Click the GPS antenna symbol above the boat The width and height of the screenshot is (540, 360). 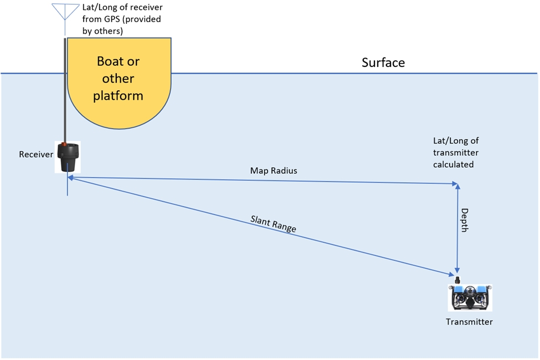(x=65, y=11)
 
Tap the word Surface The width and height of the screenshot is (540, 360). (x=383, y=63)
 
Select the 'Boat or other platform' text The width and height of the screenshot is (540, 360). (x=118, y=78)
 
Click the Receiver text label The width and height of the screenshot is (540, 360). (x=36, y=155)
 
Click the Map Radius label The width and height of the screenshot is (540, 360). (x=273, y=171)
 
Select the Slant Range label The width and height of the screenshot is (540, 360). (x=273, y=223)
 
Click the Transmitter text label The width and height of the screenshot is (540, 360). (x=469, y=322)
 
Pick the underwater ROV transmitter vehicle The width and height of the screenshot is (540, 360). (x=470, y=297)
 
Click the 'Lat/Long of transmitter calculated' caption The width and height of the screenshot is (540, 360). (x=456, y=153)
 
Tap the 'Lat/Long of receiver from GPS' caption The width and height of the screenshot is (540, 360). (x=122, y=19)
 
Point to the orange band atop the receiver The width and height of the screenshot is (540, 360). (x=66, y=145)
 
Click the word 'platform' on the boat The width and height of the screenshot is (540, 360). (x=118, y=96)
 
